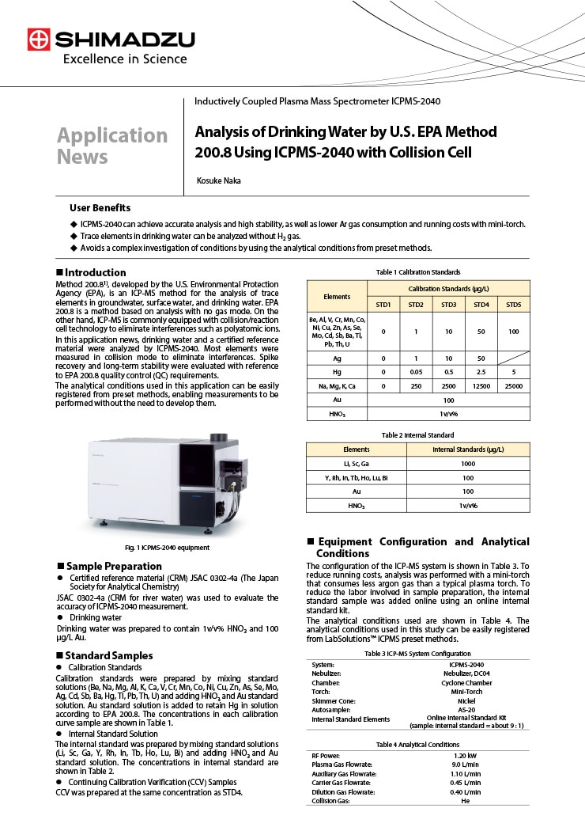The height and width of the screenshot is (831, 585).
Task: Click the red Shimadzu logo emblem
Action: [38, 39]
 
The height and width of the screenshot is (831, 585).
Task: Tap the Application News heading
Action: [111, 146]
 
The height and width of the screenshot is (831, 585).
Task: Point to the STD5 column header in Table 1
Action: [513, 305]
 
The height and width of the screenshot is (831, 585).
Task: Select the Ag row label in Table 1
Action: [337, 358]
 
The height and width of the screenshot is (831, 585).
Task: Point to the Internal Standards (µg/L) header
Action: [468, 450]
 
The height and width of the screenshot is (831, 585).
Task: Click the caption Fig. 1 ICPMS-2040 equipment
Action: [167, 547]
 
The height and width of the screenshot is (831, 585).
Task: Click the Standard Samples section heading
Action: [109, 655]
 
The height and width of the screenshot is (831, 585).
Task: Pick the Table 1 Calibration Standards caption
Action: [418, 272]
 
